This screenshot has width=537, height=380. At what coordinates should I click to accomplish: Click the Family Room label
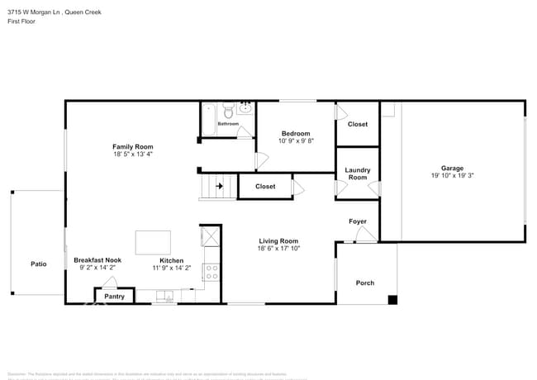(x=133, y=146)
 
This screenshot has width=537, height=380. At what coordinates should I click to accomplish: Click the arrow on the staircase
(x=219, y=187)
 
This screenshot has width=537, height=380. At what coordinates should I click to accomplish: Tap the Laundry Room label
(x=357, y=173)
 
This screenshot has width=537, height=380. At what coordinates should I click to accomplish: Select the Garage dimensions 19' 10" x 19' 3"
(x=452, y=175)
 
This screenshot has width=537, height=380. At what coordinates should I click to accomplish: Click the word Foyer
(x=357, y=221)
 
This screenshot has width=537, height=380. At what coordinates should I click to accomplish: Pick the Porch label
(x=364, y=283)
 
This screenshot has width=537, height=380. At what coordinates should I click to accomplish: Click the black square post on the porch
(x=392, y=299)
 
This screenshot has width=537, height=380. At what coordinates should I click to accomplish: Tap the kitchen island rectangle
(x=153, y=242)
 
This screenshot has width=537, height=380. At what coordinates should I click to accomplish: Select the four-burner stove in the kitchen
(x=211, y=272)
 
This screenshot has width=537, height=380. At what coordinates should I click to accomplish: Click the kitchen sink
(x=164, y=296)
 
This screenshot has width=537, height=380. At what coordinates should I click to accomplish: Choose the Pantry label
(x=115, y=296)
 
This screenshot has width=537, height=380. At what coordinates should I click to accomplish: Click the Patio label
(x=39, y=264)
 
